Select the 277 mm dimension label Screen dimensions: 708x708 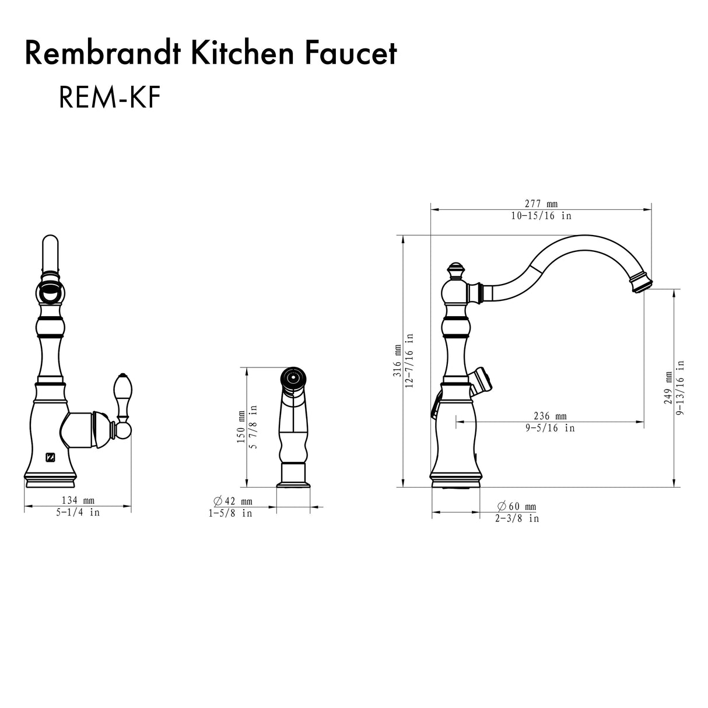(x=541, y=204)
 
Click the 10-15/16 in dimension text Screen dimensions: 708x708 (x=541, y=216)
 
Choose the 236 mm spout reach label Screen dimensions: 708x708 (x=550, y=416)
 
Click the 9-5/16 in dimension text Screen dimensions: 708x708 (x=550, y=428)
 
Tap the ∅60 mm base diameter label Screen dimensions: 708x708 (x=516, y=506)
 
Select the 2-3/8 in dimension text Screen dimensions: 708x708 (x=517, y=518)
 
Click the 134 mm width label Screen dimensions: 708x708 (x=78, y=500)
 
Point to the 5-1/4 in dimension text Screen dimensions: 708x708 (x=78, y=513)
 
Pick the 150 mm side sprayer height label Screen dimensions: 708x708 (x=241, y=427)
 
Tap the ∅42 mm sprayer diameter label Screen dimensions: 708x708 (x=233, y=501)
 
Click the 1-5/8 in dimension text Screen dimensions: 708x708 (x=230, y=513)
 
